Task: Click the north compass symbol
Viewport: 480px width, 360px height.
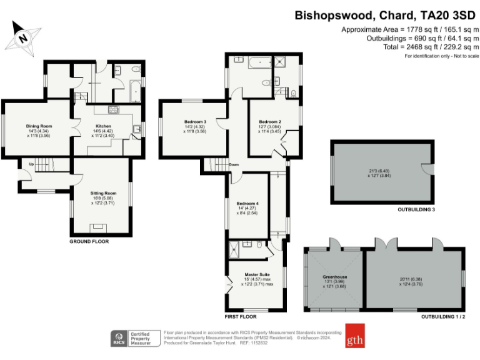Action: tap(24, 37)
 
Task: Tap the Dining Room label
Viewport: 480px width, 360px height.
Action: tap(39, 126)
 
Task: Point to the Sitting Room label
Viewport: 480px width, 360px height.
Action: tap(102, 193)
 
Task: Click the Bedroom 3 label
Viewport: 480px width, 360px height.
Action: tap(195, 121)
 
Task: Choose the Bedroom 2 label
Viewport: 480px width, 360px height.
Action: tap(270, 121)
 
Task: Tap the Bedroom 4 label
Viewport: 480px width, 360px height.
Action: tap(247, 204)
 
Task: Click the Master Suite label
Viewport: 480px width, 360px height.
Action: tap(257, 274)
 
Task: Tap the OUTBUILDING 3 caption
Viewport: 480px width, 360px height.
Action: tap(416, 209)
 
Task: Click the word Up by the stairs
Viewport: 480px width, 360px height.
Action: tap(31, 164)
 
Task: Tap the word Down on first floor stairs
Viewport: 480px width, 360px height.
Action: tap(234, 164)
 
